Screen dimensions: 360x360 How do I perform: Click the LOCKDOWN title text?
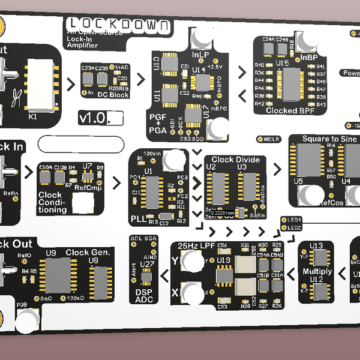118,25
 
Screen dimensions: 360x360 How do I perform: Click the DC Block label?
113,95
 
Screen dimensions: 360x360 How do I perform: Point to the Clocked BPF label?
289,110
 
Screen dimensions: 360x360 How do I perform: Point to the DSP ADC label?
144,294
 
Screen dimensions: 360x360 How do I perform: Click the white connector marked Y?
193,260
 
